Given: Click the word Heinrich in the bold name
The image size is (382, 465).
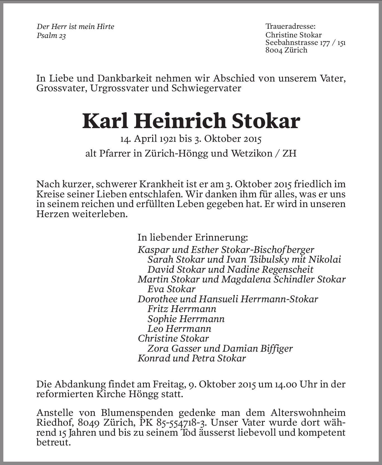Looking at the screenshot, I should [x=180, y=121].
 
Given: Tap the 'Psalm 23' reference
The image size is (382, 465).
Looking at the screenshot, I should [x=51, y=36].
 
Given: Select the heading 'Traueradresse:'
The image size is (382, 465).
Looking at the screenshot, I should [x=290, y=27].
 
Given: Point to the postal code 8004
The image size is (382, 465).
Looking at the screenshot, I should [x=274, y=50].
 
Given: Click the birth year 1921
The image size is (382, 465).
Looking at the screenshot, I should [x=168, y=139].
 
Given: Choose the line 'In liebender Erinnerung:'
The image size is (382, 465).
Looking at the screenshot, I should [x=192, y=238].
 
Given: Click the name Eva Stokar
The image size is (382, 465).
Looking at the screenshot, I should [x=171, y=289].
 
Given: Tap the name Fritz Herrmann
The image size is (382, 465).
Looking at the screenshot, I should [x=182, y=309].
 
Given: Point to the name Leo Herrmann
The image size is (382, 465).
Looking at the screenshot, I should [x=179, y=329].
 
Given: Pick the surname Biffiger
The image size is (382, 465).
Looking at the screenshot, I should [x=276, y=348].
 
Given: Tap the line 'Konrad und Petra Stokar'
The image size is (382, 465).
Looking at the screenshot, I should [x=192, y=358].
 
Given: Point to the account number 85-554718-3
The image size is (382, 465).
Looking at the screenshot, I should [x=182, y=423].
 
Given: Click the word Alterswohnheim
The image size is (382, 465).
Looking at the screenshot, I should [x=308, y=413].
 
